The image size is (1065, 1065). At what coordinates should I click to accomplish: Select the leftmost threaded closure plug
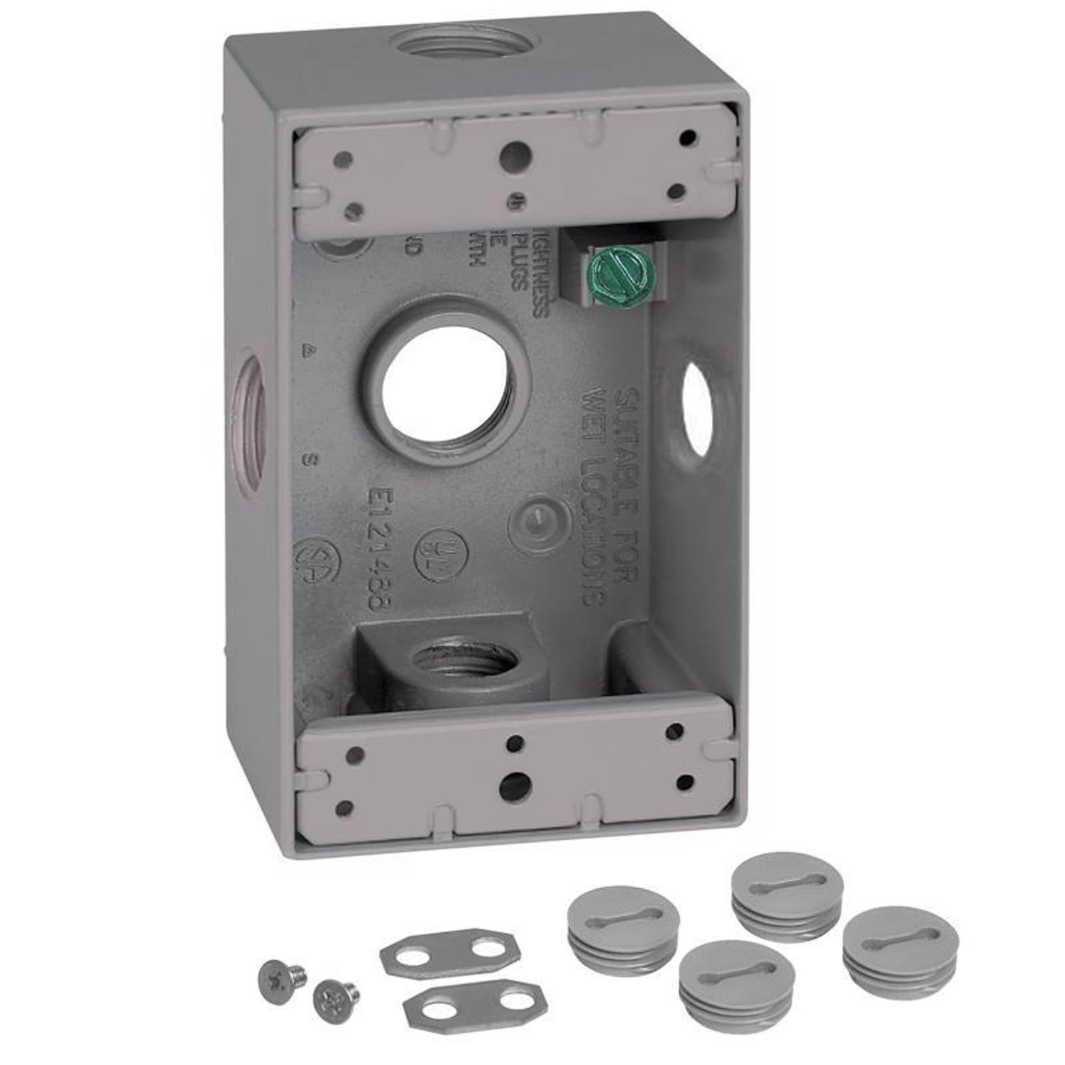[x=623, y=930]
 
